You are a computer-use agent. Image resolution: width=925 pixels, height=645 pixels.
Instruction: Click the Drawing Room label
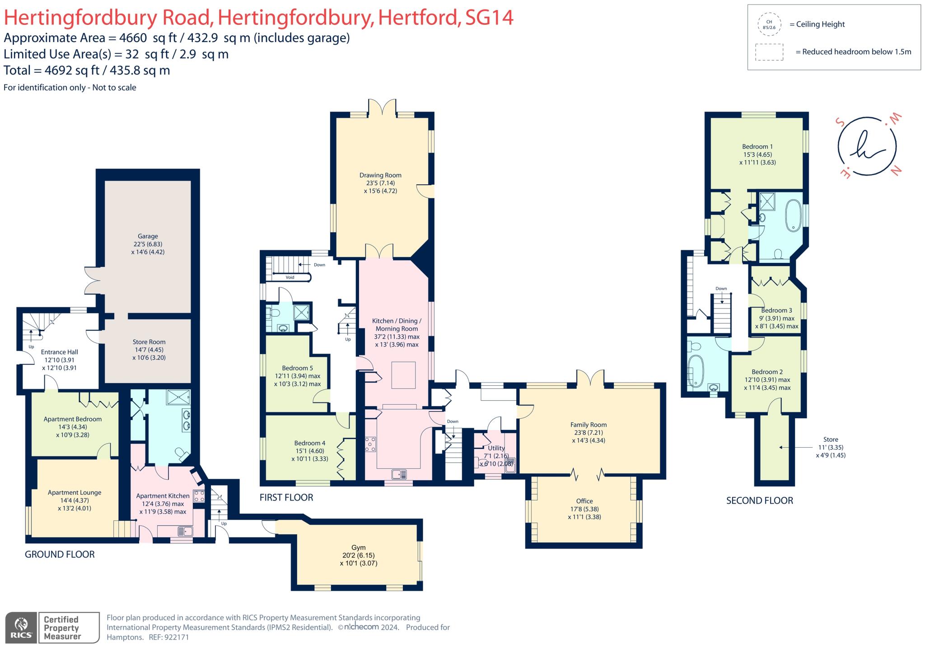point(380,175)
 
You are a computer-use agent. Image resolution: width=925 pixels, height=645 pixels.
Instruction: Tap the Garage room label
point(148,236)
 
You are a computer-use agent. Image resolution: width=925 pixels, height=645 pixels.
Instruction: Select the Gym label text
point(358,547)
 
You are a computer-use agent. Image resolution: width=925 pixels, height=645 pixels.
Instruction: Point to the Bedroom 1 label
point(757,147)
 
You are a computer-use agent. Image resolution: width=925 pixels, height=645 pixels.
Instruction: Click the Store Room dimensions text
point(149,354)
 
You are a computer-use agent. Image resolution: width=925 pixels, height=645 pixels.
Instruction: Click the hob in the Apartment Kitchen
point(199,496)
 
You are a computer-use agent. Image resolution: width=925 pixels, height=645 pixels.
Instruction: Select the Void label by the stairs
point(290,277)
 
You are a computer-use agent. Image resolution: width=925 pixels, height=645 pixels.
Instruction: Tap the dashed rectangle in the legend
point(769,52)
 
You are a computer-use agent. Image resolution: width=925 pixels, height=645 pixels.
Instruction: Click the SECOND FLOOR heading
point(759,500)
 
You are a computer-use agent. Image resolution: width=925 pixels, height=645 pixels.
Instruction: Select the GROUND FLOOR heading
point(60,554)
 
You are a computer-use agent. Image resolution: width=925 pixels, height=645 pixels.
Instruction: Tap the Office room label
point(584,501)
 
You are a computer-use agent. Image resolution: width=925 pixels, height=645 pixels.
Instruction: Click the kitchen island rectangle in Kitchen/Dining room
point(403,375)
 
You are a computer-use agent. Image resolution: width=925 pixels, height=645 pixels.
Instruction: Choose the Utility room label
point(496,448)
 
